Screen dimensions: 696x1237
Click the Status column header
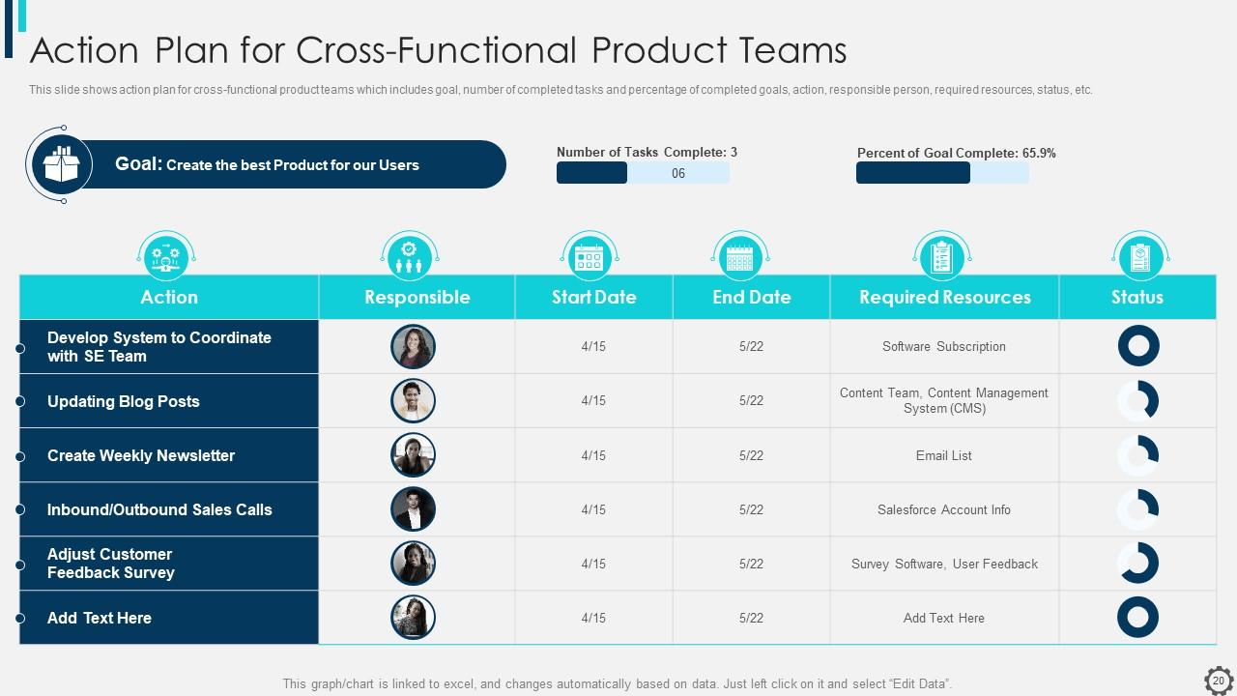1136,297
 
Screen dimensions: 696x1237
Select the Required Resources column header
944,297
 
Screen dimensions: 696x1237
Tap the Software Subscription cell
944,346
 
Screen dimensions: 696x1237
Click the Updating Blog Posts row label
124,401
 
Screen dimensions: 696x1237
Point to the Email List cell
944,455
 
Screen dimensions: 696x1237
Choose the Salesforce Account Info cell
944,509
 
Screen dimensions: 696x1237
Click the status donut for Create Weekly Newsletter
1137,455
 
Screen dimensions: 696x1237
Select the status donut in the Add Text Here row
1137,618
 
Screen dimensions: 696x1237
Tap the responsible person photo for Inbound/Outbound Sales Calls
413,509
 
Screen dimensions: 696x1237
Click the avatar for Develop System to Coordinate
413,346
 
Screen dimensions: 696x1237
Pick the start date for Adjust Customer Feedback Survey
593,564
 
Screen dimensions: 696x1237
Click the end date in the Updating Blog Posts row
751,400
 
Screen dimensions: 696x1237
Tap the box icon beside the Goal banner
60,164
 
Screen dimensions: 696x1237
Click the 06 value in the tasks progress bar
678,173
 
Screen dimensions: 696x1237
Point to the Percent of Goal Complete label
956,153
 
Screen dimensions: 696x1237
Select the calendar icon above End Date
739,256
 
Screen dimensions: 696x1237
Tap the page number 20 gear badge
1219,681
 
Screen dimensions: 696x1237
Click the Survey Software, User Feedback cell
944,564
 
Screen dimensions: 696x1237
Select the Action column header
169,297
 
